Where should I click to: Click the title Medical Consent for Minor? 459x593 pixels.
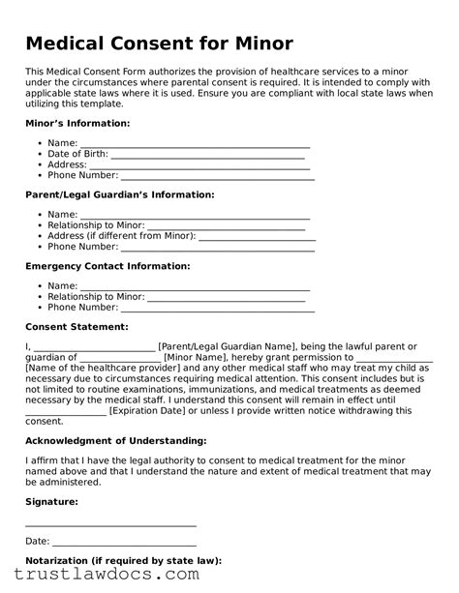[159, 44]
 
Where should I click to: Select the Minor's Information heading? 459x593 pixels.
[76, 124]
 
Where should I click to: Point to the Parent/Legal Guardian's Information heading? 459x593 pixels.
[119, 194]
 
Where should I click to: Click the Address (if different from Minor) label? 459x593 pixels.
[121, 235]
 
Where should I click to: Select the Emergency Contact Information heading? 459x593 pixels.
[107, 265]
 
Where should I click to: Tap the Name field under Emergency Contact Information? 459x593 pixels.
[194, 286]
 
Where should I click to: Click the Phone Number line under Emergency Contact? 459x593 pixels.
[218, 308]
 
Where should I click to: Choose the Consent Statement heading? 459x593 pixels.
[76, 327]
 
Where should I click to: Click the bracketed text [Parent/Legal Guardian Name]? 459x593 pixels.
[229, 346]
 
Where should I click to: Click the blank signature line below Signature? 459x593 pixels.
[110, 525]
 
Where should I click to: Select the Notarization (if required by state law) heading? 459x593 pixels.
[123, 560]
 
